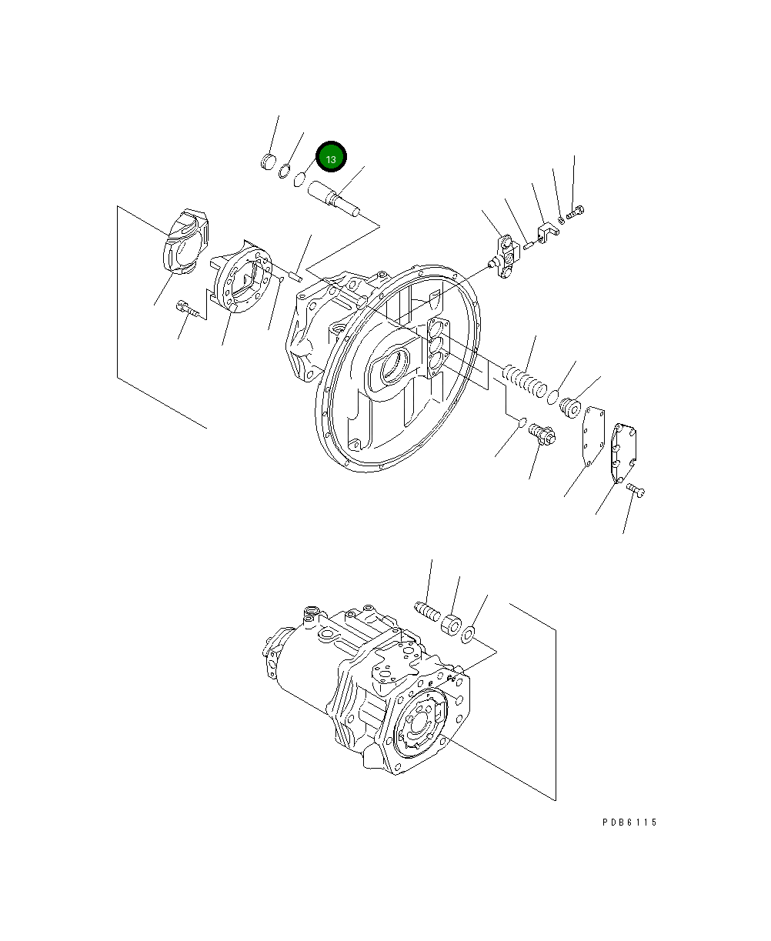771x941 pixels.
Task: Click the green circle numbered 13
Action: click(x=331, y=159)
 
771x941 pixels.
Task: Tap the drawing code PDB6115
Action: click(x=629, y=823)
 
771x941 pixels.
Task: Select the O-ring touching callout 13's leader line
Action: click(x=300, y=180)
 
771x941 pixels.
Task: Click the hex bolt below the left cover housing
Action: click(x=187, y=309)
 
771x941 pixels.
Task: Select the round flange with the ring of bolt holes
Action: click(x=242, y=280)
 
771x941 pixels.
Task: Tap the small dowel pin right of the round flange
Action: click(x=295, y=270)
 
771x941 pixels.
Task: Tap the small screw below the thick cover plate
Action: click(x=635, y=489)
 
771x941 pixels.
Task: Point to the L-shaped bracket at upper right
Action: click(x=547, y=232)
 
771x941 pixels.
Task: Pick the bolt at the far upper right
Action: click(x=576, y=210)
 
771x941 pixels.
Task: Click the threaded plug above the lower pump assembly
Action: click(x=426, y=610)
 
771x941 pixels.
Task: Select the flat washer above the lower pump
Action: click(x=467, y=635)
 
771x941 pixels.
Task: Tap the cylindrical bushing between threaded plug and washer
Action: click(x=452, y=622)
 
